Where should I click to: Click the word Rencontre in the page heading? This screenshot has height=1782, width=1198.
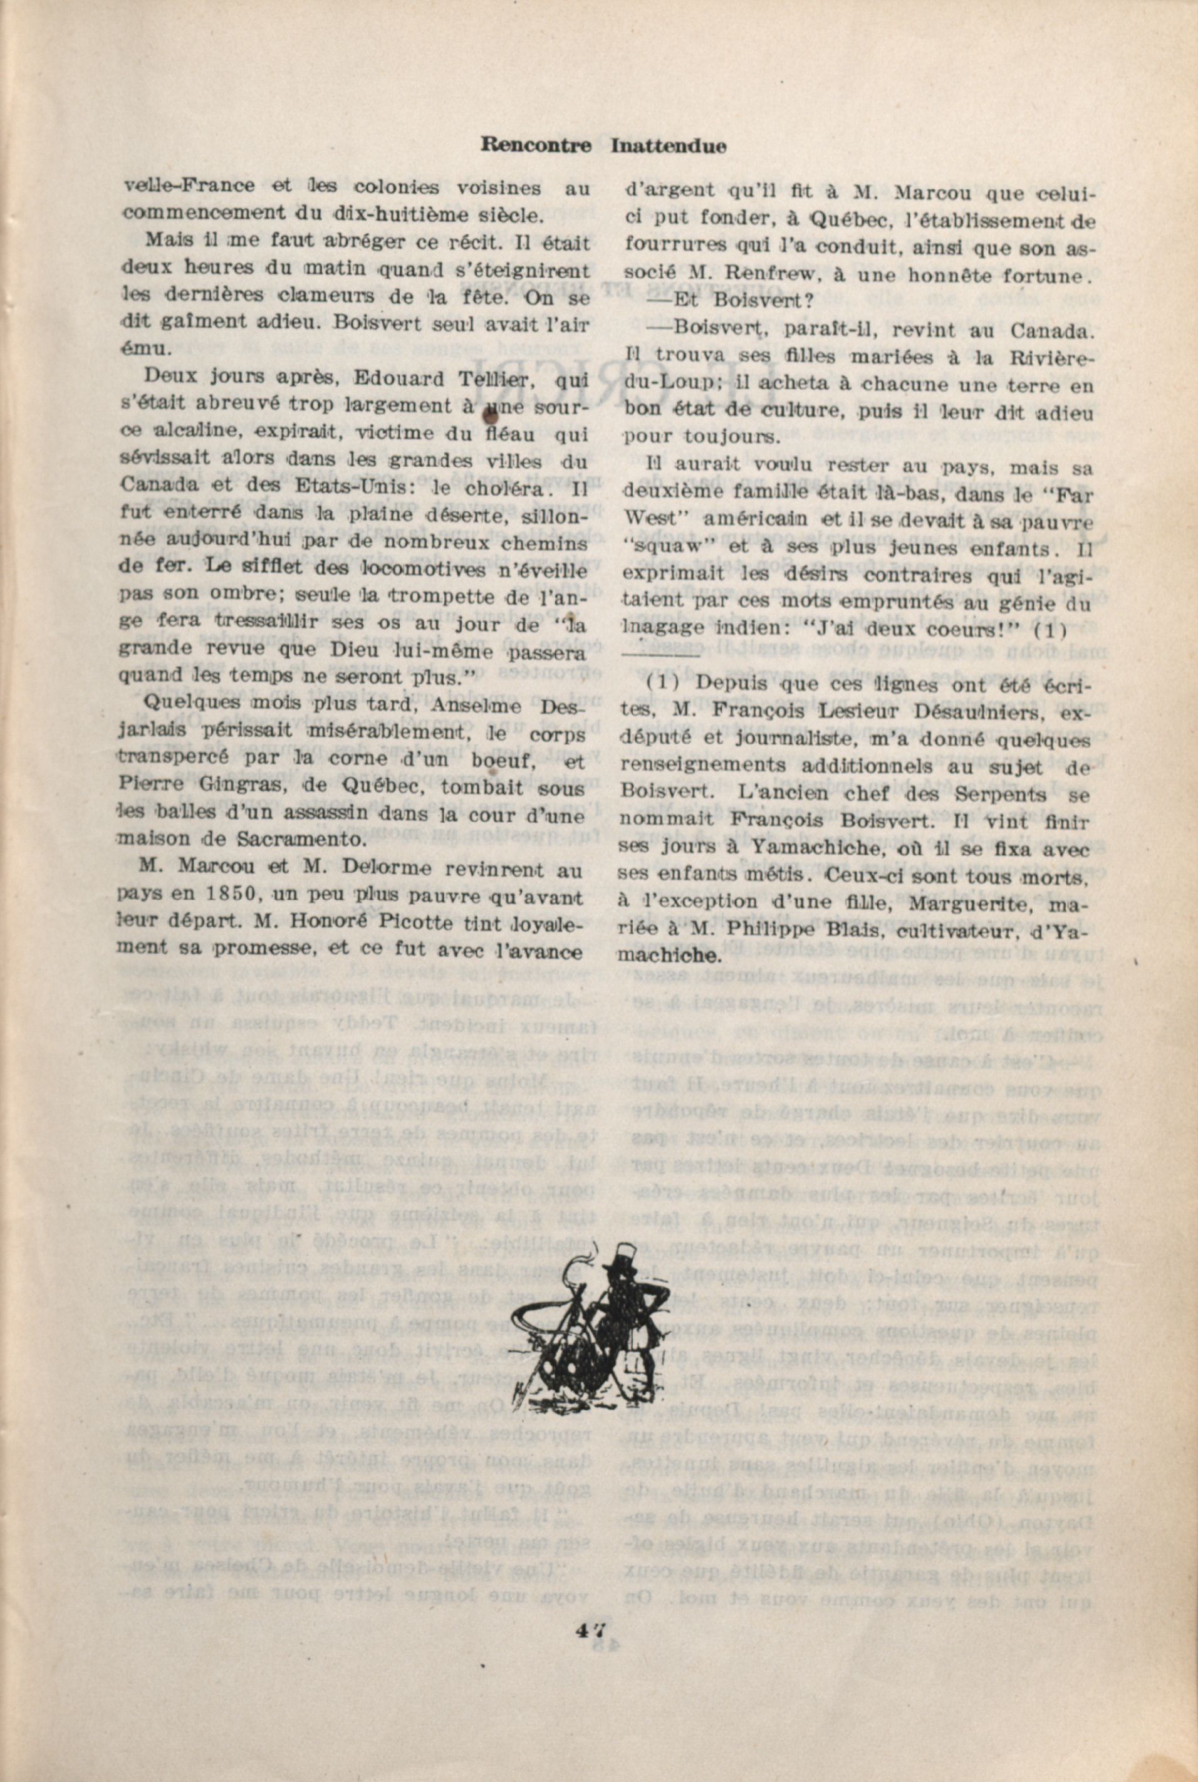(x=536, y=145)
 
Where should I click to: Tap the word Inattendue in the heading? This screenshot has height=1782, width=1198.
(x=669, y=145)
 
